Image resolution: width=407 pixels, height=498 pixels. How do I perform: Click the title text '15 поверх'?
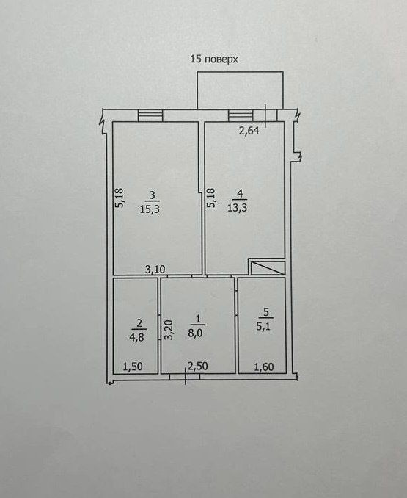214,59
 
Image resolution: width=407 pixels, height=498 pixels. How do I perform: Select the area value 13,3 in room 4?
238,208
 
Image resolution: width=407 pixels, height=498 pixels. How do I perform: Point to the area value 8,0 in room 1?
195,334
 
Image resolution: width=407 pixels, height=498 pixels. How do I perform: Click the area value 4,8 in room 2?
136,337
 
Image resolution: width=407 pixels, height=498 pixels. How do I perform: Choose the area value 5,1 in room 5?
263,326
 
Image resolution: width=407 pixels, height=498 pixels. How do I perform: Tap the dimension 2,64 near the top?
249,131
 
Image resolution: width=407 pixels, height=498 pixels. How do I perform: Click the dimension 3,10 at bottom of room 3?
155,270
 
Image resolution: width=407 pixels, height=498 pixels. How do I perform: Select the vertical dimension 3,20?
169,330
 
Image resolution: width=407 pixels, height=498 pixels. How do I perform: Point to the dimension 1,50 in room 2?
133,367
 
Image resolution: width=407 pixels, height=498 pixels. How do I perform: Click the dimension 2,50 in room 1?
198,367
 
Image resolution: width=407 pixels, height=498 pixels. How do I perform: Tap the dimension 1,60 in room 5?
264,367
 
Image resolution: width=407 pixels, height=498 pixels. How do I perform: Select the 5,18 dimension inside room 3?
120,198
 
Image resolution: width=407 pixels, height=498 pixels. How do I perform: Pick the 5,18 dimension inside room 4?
210,198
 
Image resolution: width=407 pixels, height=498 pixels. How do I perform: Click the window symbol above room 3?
150,115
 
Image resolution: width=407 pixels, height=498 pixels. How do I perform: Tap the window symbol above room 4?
241,115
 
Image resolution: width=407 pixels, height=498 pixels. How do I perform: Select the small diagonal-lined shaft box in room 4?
268,268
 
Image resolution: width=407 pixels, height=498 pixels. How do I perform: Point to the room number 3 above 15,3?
153,195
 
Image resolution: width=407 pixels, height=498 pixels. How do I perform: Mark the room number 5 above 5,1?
266,312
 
